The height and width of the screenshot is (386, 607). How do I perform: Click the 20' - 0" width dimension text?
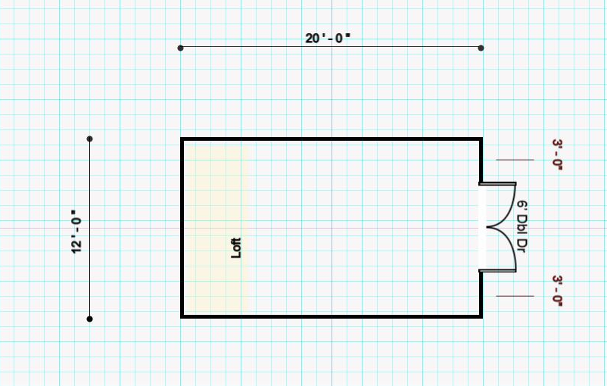(328, 39)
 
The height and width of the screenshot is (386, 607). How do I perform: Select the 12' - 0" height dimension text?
(76, 232)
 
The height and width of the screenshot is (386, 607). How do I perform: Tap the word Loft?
(236, 247)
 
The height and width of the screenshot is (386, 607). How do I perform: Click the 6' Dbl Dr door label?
(521, 227)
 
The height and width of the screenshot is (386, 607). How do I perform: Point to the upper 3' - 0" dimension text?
(558, 155)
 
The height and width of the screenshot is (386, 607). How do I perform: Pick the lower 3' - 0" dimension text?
(558, 291)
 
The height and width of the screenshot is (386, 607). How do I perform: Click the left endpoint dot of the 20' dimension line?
(180, 48)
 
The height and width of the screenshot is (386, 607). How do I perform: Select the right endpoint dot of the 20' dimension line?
(481, 48)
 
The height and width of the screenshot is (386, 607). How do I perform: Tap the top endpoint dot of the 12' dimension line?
(90, 139)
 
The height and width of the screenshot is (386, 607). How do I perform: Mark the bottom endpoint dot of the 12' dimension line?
(90, 319)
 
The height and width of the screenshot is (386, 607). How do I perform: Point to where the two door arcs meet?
(487, 228)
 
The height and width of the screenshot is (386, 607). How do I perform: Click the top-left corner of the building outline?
(182, 139)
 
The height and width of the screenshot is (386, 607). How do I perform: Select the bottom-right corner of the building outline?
(481, 316)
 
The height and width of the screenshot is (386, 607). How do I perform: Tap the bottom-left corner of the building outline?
(182, 316)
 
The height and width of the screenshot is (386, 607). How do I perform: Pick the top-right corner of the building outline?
(481, 139)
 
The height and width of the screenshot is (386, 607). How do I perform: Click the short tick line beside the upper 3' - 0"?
(515, 160)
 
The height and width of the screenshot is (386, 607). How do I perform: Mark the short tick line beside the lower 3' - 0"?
(515, 296)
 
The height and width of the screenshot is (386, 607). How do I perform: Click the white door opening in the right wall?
(482, 228)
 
